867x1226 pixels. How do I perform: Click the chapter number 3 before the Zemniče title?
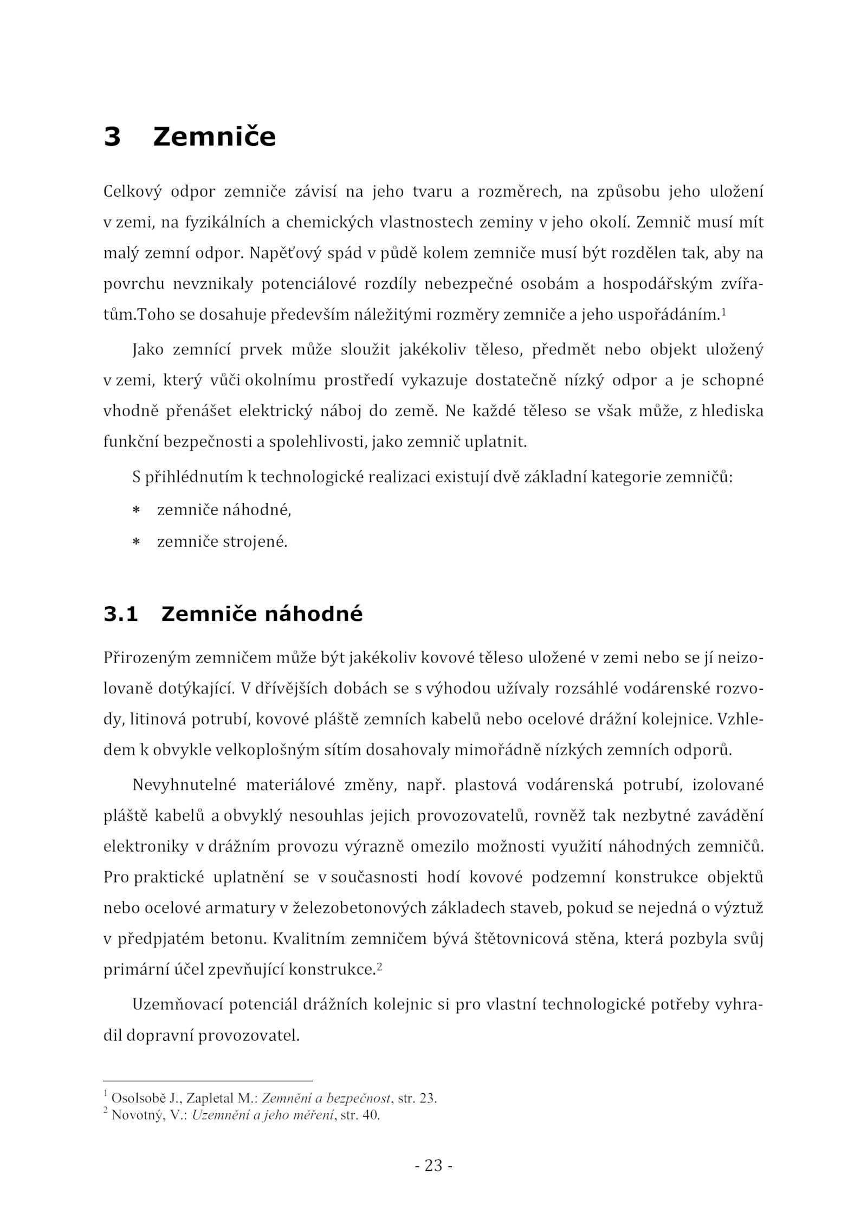coord(112,137)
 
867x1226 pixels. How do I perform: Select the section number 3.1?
coord(121,614)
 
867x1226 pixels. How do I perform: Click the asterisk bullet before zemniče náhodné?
coord(137,510)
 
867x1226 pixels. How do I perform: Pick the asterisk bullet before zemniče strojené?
coord(137,542)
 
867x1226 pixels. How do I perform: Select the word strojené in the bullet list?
coord(255,542)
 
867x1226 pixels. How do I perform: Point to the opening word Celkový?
coord(132,192)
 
